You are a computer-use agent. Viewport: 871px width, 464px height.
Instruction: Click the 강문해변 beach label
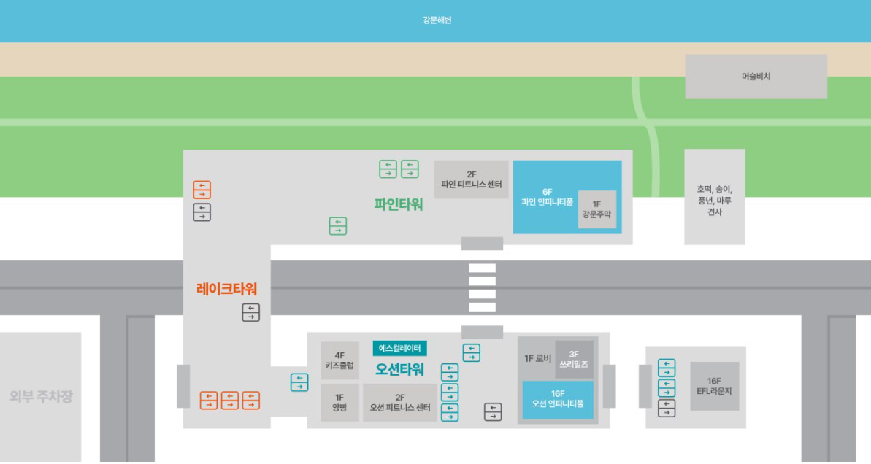coord(437,20)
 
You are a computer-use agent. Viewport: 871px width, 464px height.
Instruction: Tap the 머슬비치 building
coord(756,76)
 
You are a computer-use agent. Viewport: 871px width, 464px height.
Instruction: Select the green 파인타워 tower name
coord(399,204)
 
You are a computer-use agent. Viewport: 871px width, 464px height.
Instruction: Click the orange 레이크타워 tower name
coord(226,289)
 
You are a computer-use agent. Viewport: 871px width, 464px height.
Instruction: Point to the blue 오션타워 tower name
coord(399,369)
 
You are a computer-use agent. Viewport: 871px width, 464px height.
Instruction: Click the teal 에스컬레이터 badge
coord(399,349)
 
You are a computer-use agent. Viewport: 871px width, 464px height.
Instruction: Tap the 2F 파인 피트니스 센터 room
coord(472,179)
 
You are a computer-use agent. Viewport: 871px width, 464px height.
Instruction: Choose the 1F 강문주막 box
coord(597,209)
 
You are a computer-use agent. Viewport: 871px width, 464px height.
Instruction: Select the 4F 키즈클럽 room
coord(339,360)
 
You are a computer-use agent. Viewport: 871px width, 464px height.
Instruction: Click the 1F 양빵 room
coord(339,403)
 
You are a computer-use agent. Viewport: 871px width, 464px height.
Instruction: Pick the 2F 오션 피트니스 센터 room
coord(400,403)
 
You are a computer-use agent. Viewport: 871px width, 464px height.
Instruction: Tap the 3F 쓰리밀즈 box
coord(574,359)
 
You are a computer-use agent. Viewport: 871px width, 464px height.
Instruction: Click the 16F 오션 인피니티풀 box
coord(558,399)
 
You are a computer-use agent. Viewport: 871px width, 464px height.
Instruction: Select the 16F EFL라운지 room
coord(714,386)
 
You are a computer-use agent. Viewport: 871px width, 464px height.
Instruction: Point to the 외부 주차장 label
coord(41,397)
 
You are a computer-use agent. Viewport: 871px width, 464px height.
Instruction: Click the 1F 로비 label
coord(537,358)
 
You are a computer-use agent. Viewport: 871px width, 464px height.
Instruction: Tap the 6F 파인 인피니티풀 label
coord(547,196)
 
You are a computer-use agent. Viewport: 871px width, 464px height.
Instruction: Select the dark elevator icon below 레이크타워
coord(250,313)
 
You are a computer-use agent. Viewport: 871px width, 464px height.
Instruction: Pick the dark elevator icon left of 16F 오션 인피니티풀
coord(493,411)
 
